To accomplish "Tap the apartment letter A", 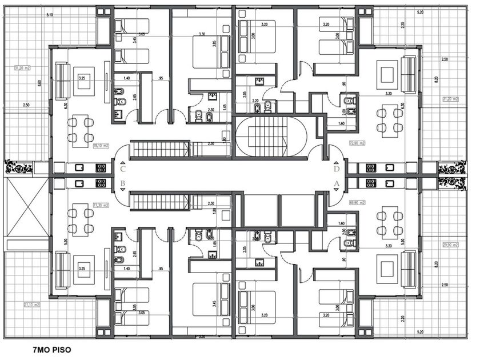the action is (337, 184).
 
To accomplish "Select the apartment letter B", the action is (123, 184).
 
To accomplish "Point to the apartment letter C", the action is (123, 169).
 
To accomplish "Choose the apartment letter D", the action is (337, 169).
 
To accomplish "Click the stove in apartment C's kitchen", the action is (101, 168).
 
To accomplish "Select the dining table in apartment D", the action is (389, 121).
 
